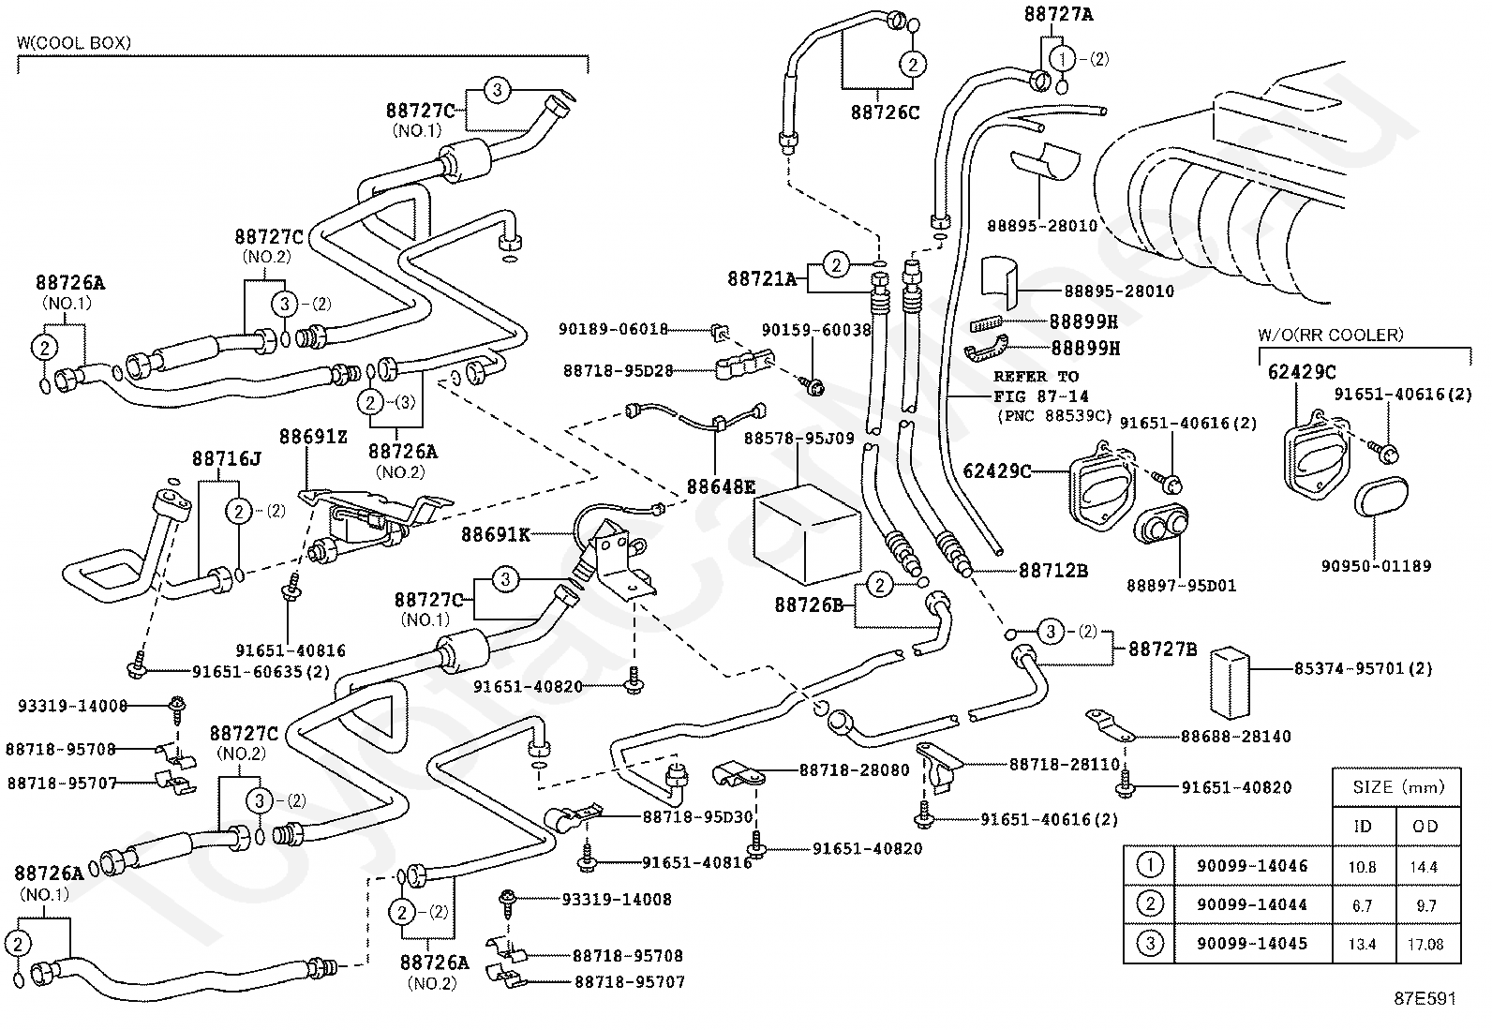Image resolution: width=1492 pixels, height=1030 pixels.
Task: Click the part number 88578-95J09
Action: click(798, 439)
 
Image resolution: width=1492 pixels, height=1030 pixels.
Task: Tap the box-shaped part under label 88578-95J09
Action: click(807, 533)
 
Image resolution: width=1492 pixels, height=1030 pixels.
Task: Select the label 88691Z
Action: click(313, 437)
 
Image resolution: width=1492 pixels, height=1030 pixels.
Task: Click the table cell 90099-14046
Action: click(1252, 866)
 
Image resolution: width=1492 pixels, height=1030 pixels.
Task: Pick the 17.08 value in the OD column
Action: click(1426, 944)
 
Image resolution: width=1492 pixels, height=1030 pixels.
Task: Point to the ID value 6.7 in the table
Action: click(1362, 905)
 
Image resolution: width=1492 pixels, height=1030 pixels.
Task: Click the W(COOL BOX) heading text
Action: click(74, 42)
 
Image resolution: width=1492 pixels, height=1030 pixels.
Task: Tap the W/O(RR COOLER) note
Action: click(1330, 336)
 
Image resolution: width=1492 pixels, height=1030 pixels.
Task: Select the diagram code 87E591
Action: click(1425, 999)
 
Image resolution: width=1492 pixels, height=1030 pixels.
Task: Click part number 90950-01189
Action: click(1376, 566)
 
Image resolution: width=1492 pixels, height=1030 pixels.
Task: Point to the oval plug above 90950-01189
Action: click(1381, 497)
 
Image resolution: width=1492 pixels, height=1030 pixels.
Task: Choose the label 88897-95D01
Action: click(1182, 586)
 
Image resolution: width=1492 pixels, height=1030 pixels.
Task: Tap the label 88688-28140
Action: click(1236, 737)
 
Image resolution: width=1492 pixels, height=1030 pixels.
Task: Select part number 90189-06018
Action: click(614, 329)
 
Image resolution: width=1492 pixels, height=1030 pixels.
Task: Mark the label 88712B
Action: click(1053, 571)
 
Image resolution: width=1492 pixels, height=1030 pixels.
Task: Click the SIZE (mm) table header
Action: click(1398, 787)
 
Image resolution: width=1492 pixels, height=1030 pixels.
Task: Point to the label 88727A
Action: click(1058, 14)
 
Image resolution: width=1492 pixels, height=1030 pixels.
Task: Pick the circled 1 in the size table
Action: click(1150, 865)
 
